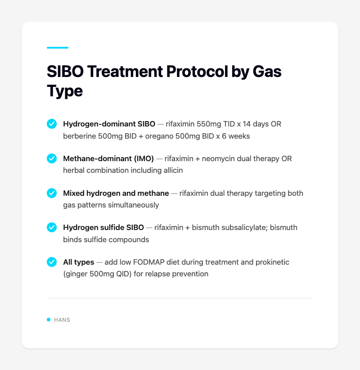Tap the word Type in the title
coord(65,90)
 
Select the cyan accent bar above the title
coord(58,48)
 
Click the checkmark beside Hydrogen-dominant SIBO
coord(52,124)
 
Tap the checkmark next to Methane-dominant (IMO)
coord(52,158)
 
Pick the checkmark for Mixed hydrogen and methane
coord(52,193)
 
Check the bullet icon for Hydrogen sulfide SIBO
coord(52,228)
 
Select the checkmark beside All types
coord(52,262)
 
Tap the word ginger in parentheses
coord(77,274)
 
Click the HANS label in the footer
coord(62,320)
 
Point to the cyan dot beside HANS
coord(49,320)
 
